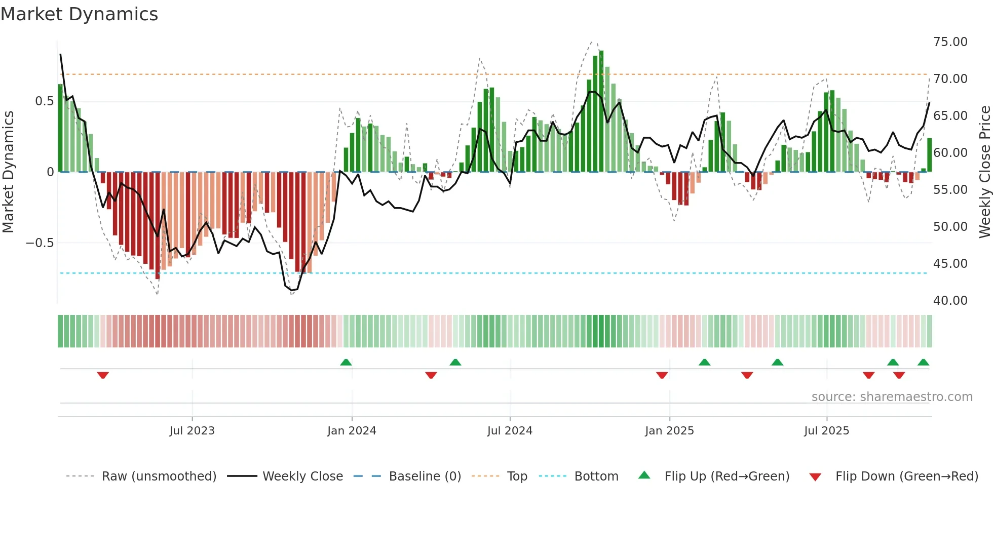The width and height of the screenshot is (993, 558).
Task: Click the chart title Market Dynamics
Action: click(79, 14)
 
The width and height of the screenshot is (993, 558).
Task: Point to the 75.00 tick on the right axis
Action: click(950, 42)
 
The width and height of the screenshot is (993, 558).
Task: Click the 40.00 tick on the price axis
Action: click(950, 301)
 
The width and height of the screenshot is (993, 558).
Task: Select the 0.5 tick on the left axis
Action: click(44, 101)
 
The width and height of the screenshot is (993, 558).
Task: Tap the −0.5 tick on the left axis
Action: click(40, 243)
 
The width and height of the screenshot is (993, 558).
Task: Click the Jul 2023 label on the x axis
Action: click(192, 431)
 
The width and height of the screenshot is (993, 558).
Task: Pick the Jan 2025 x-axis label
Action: click(669, 431)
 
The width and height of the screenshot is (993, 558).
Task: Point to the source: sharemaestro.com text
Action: click(892, 397)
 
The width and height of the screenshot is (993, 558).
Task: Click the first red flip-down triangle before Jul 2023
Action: click(103, 375)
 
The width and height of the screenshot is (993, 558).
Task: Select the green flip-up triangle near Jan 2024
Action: click(346, 362)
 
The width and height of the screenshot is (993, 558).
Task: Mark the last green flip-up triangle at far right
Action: click(923, 362)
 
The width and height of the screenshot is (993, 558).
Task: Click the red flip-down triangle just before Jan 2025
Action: click(662, 375)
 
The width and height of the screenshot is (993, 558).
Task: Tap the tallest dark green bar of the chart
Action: click(601, 111)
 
